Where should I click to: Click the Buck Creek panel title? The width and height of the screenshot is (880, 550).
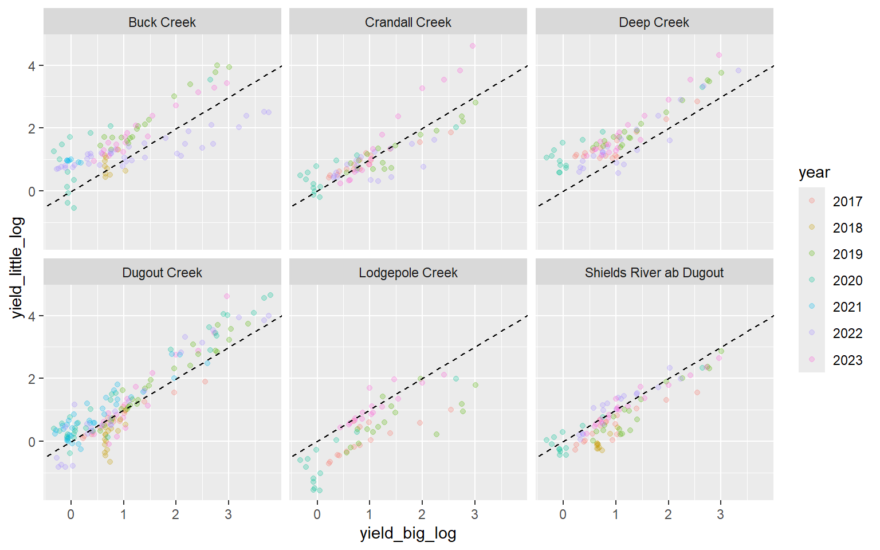pos(162,22)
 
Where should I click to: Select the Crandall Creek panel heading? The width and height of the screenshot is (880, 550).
pos(408,22)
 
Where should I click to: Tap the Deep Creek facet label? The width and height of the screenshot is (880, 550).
pos(654,22)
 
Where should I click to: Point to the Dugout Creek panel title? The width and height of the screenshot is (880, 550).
pos(162,273)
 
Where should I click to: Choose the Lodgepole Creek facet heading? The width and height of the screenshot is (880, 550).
pos(408,273)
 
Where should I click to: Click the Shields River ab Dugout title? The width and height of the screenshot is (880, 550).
pos(654,273)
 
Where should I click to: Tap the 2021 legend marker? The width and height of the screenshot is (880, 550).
pos(812,307)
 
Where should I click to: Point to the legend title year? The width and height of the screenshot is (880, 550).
pos(814,172)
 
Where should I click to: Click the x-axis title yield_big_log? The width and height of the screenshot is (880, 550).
pos(408,533)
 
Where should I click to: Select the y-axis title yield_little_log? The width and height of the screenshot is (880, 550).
pos(17,267)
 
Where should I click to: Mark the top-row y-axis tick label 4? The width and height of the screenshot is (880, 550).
pos(32,66)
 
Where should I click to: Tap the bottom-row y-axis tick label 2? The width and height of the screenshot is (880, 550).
pos(32,379)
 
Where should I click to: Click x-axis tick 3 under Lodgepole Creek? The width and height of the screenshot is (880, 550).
pos(474,514)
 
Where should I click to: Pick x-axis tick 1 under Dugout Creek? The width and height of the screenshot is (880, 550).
pos(123,514)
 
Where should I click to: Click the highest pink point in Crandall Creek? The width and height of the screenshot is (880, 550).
pos(473,46)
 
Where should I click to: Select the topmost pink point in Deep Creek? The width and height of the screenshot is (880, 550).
pos(719,55)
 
